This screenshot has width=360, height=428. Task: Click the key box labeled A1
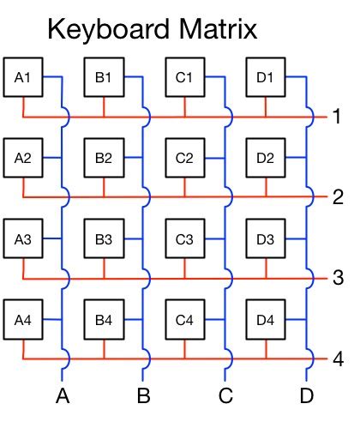pos(23,78)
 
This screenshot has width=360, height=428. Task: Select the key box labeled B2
pos(104,158)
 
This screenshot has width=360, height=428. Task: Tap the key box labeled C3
pos(184,238)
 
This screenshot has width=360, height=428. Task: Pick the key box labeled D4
pos(265,320)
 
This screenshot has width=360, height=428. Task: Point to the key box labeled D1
pos(265,78)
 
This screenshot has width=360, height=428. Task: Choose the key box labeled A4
pos(23,320)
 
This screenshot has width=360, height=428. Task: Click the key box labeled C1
pos(184,78)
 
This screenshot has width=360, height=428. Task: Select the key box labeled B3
pos(104,238)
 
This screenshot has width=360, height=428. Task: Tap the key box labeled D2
pos(265,158)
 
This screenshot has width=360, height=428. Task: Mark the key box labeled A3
pos(23,238)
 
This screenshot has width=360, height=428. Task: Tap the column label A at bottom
pos(63,396)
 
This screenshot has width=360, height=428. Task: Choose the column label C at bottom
pos(225,396)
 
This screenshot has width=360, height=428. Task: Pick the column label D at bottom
pos(306,396)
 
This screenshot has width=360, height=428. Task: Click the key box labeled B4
pos(104,320)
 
